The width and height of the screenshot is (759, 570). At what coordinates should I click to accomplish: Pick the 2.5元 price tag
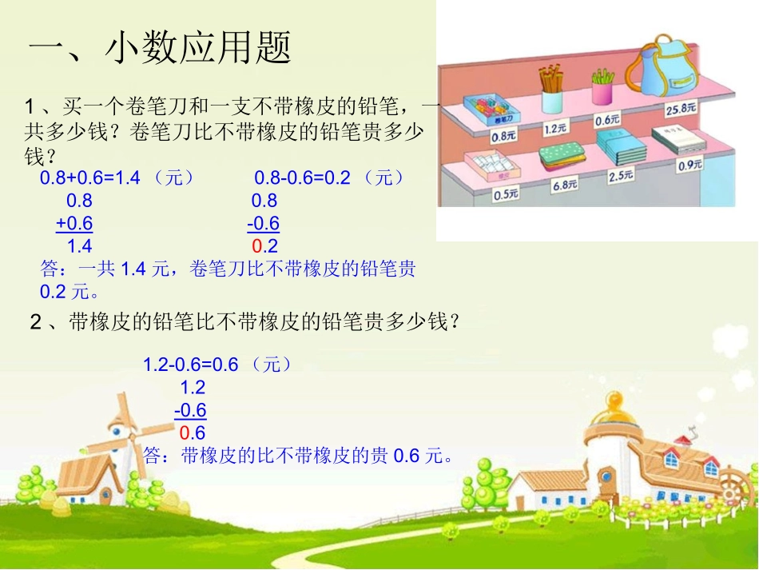pyautogui.click(x=621, y=176)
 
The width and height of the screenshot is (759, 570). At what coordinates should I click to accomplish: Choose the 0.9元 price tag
pyautogui.click(x=689, y=165)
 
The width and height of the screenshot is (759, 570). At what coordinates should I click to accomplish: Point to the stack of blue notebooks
pyautogui.click(x=621, y=147)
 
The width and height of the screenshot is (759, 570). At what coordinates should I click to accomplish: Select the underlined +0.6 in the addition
pyautogui.click(x=74, y=223)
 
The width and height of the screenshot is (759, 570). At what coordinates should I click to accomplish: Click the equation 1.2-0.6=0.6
pyautogui.click(x=191, y=365)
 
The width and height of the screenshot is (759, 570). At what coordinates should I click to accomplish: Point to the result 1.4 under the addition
pyautogui.click(x=80, y=246)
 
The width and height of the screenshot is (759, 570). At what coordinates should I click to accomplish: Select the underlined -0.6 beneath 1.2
pyautogui.click(x=190, y=411)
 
